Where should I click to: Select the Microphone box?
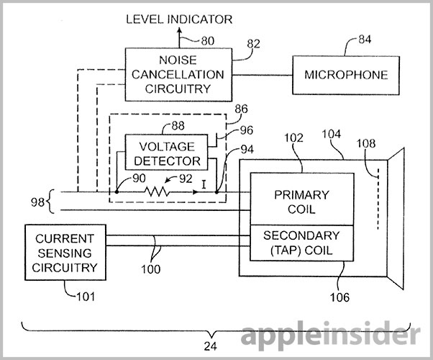(x=346, y=75)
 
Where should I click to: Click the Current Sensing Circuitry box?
(x=63, y=253)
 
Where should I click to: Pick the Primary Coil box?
(x=302, y=202)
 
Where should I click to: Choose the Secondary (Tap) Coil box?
(x=302, y=243)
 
